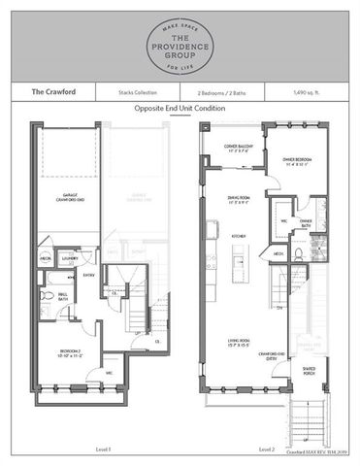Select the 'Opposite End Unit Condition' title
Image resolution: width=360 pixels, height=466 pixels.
point(180,109)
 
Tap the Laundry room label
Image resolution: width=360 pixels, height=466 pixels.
point(68,258)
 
